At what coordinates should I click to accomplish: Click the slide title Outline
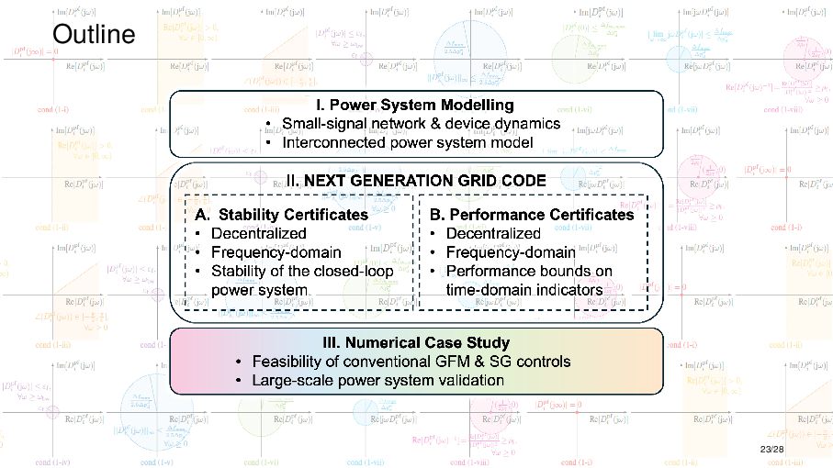click(x=94, y=35)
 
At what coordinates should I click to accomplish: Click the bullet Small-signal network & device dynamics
click(x=422, y=124)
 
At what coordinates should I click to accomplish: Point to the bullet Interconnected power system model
click(x=408, y=142)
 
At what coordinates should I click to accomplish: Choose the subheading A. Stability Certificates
click(x=282, y=214)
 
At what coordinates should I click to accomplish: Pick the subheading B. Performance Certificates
click(x=532, y=214)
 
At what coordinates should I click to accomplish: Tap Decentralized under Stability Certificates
click(x=259, y=233)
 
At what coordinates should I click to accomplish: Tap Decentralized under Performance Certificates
click(x=492, y=233)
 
